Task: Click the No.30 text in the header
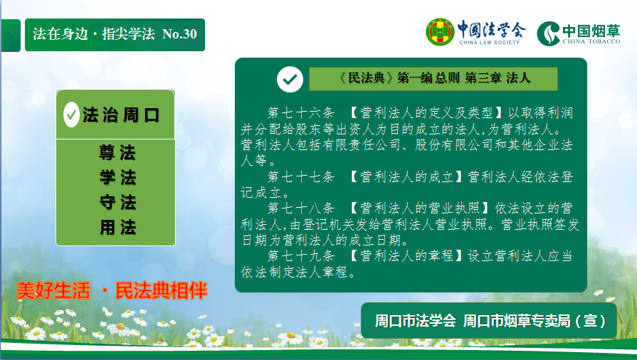(x=179, y=33)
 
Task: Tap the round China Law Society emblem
(x=440, y=32)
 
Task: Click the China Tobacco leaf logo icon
(x=549, y=33)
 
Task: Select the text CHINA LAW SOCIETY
(x=489, y=42)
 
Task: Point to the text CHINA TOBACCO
(x=591, y=41)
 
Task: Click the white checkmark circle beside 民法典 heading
(x=290, y=79)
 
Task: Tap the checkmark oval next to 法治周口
(x=71, y=115)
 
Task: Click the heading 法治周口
(x=121, y=115)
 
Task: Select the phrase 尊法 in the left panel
(x=117, y=153)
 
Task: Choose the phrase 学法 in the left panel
(x=117, y=178)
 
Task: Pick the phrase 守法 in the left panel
(x=117, y=202)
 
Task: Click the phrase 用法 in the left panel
(x=117, y=227)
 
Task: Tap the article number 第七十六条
(x=300, y=112)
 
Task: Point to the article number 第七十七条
(x=300, y=176)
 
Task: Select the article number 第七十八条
(x=300, y=208)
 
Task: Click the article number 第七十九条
(x=300, y=256)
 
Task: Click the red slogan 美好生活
(x=53, y=290)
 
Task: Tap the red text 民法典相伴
(x=162, y=290)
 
